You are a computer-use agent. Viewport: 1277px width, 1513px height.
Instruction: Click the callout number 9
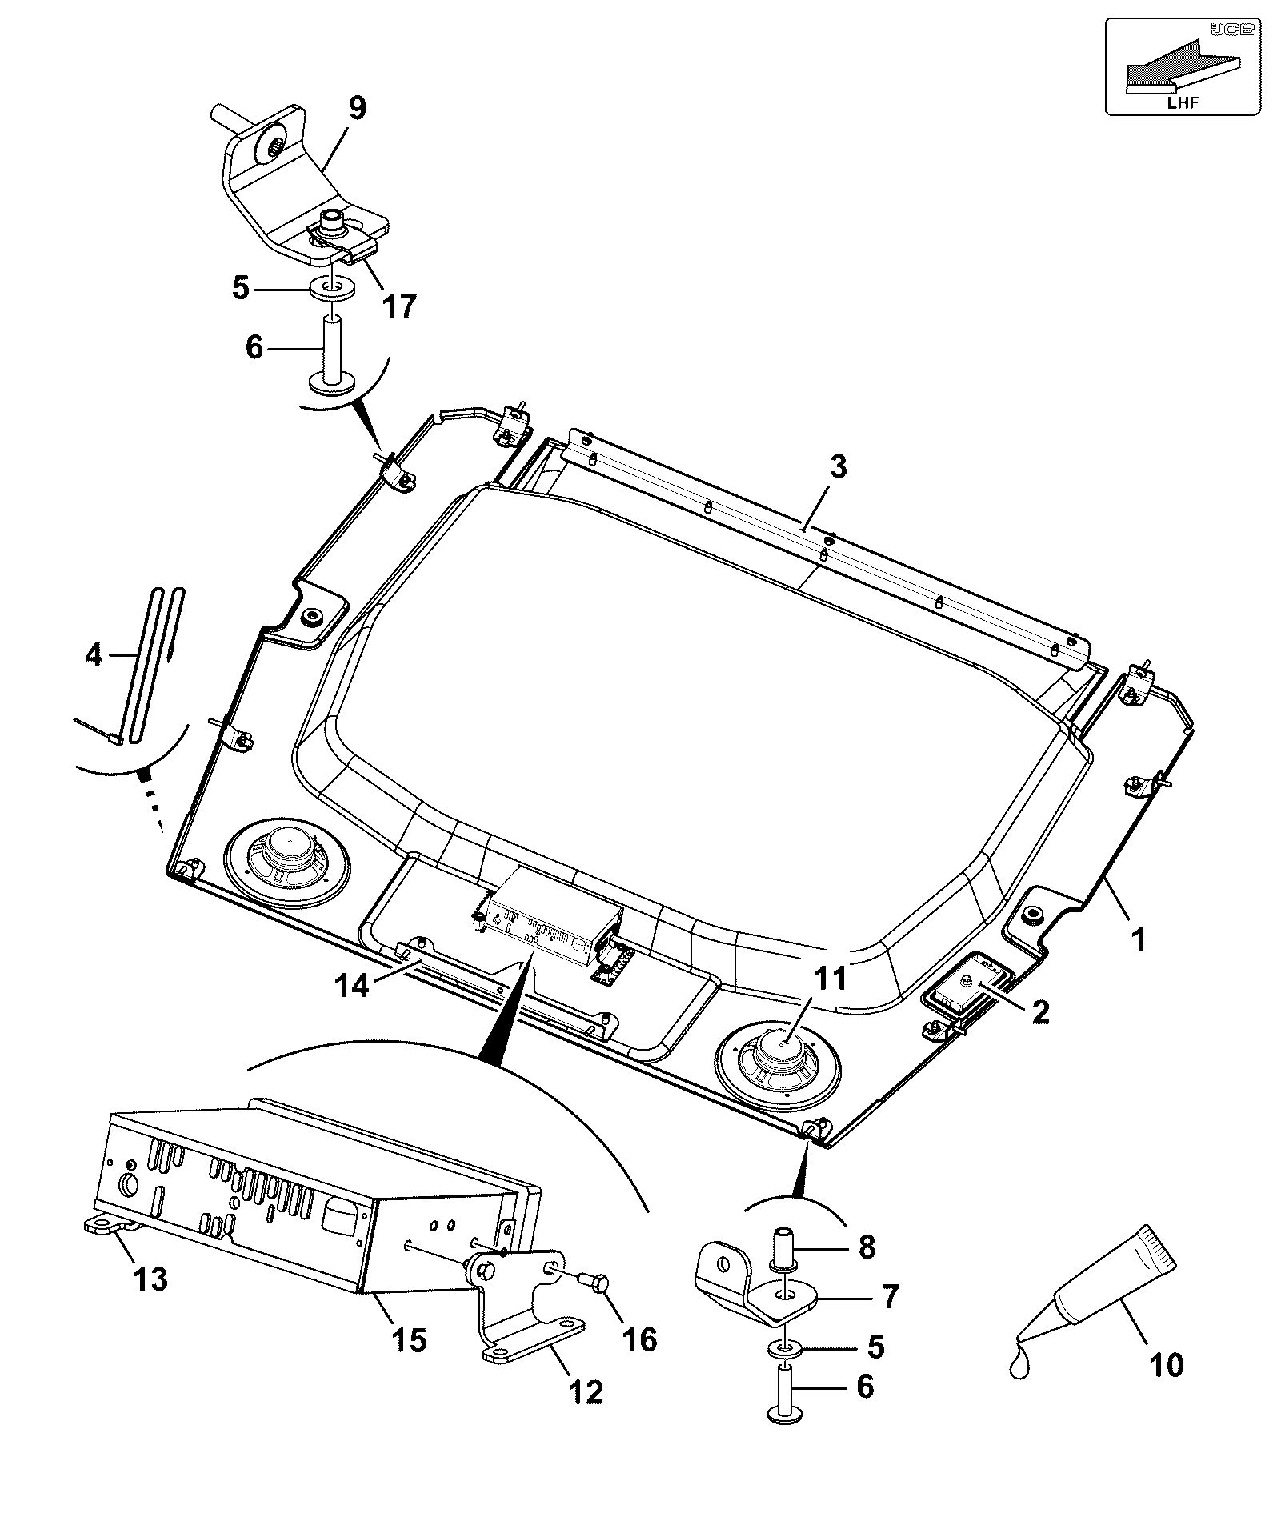(x=356, y=108)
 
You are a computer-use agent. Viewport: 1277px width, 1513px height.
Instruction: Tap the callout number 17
(x=398, y=306)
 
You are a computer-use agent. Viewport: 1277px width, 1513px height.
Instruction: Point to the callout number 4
(x=94, y=655)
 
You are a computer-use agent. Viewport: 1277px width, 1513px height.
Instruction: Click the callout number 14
(x=352, y=985)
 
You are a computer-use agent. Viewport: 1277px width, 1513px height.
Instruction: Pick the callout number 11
(x=830, y=978)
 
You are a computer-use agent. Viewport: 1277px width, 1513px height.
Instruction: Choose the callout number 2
(x=1040, y=1012)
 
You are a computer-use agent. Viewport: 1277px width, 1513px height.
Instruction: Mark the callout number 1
(x=1137, y=938)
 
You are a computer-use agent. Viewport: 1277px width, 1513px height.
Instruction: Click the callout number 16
(x=639, y=1339)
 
